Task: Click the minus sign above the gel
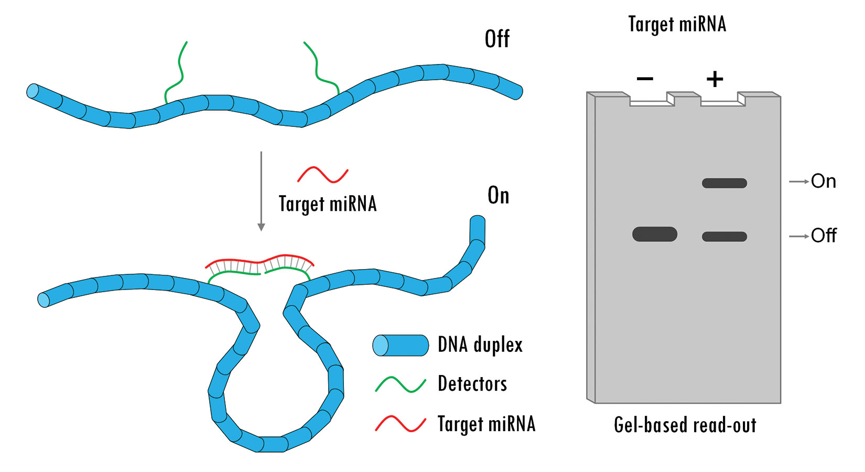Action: pyautogui.click(x=645, y=79)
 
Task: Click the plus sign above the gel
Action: pyautogui.click(x=715, y=79)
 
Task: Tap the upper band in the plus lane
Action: pyautogui.click(x=725, y=183)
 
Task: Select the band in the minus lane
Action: pyautogui.click(x=655, y=234)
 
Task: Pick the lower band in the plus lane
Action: pyautogui.click(x=725, y=237)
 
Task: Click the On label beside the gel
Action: pyautogui.click(x=823, y=181)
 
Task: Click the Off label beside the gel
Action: pyautogui.click(x=824, y=235)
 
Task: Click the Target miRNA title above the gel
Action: pyautogui.click(x=677, y=24)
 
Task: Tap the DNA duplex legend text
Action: pyautogui.click(x=480, y=344)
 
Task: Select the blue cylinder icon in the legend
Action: pyautogui.click(x=401, y=345)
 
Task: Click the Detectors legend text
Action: pyautogui.click(x=472, y=383)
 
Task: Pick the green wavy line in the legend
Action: pyautogui.click(x=401, y=385)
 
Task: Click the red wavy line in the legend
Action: pyautogui.click(x=401, y=424)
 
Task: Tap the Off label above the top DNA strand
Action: pyautogui.click(x=498, y=39)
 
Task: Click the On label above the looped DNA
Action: pyautogui.click(x=498, y=195)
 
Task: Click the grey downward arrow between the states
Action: pyautogui.click(x=261, y=191)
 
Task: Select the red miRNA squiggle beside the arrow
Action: pyautogui.click(x=323, y=175)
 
